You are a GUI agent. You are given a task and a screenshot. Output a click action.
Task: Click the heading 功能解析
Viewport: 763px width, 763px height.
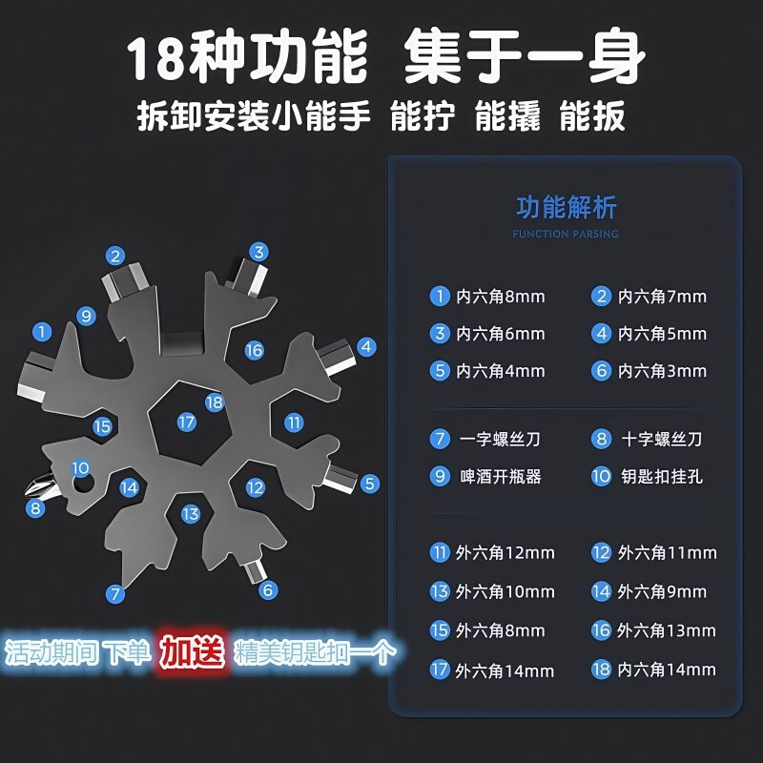coord(567,207)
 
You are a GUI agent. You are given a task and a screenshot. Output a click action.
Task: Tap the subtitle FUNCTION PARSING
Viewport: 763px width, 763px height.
coord(566,234)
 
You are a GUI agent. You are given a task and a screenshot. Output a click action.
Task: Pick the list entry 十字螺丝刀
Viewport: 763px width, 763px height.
coord(649,439)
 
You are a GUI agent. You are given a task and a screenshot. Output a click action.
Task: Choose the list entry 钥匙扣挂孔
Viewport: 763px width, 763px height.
coord(649,476)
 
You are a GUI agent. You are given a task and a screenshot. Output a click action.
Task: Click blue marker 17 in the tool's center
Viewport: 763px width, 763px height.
coord(186,422)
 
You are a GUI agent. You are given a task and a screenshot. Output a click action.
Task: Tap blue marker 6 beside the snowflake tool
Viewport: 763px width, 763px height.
coord(268,590)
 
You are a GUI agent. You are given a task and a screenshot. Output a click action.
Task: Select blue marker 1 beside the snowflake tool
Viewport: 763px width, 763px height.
coord(41,332)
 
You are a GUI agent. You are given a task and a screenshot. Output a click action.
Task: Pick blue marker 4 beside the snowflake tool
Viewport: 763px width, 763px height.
coord(366,347)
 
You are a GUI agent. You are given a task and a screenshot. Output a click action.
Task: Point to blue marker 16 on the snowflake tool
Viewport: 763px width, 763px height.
coord(254,350)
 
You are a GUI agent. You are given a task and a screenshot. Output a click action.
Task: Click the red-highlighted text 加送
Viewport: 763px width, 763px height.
coord(192,652)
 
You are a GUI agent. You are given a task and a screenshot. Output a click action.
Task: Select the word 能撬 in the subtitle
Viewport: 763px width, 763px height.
coord(509,117)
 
